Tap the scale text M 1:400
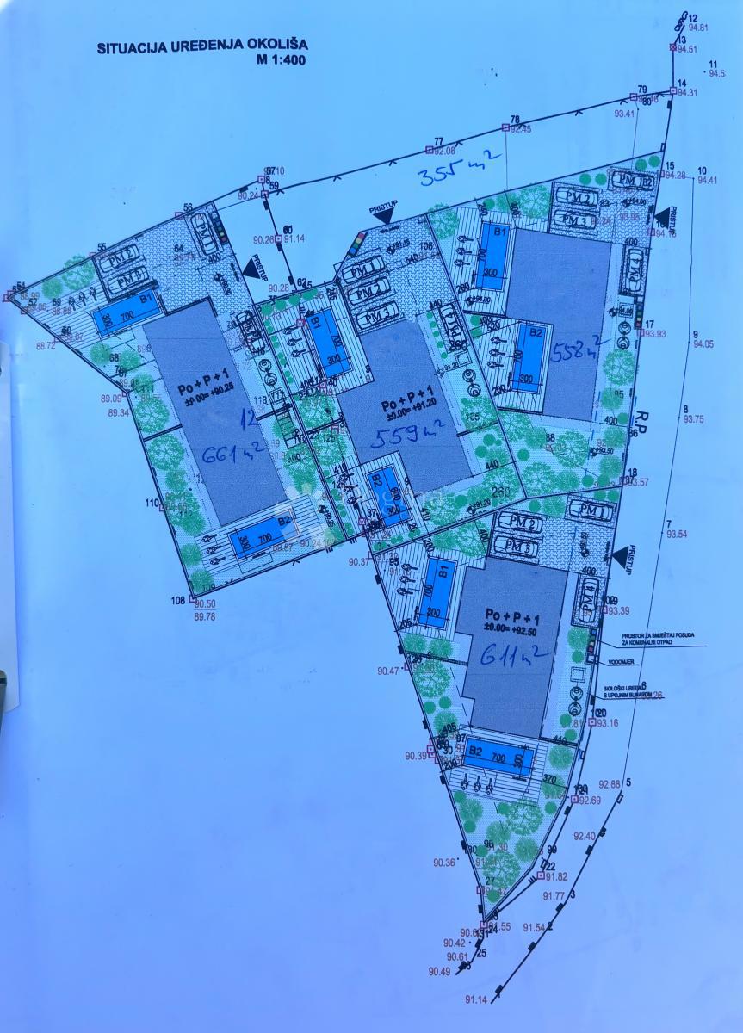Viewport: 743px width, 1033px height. coord(280,60)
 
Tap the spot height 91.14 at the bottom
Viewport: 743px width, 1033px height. coord(476,999)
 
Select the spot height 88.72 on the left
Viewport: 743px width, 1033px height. coord(47,345)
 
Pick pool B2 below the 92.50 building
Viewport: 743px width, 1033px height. coord(500,758)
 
